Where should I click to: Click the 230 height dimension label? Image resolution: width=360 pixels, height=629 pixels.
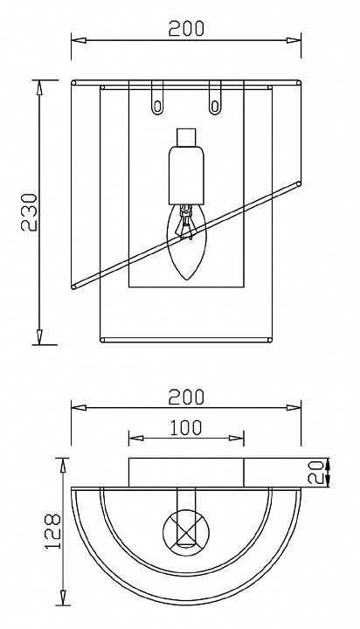tap(29, 212)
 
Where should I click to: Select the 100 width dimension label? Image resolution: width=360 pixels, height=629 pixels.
tap(185, 428)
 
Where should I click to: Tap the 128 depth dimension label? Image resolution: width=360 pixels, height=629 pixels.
tap(52, 531)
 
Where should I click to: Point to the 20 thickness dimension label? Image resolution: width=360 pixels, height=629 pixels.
tap(315, 473)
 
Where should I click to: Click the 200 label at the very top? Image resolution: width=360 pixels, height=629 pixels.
tap(186, 29)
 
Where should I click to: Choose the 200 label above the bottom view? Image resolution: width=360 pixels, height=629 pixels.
tap(186, 397)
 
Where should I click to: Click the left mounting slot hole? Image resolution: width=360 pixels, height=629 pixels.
tap(157, 107)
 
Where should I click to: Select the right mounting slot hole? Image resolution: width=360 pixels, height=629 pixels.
tap(215, 107)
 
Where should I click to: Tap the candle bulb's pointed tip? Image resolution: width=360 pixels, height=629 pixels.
tap(186, 280)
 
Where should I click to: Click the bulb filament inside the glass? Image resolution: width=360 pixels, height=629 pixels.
tap(186, 222)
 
